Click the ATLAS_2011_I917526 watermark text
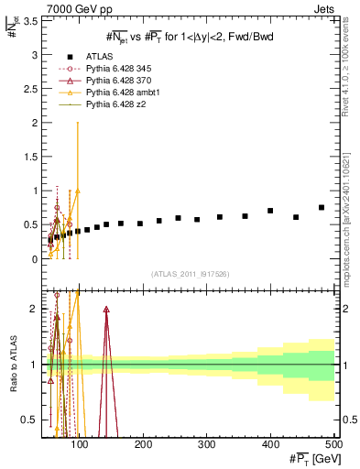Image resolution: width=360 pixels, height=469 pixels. click(x=190, y=273)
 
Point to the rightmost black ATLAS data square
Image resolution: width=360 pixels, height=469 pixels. click(x=322, y=207)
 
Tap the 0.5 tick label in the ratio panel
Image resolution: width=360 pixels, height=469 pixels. click(x=30, y=420)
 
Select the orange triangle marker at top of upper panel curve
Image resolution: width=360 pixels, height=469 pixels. click(x=78, y=191)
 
